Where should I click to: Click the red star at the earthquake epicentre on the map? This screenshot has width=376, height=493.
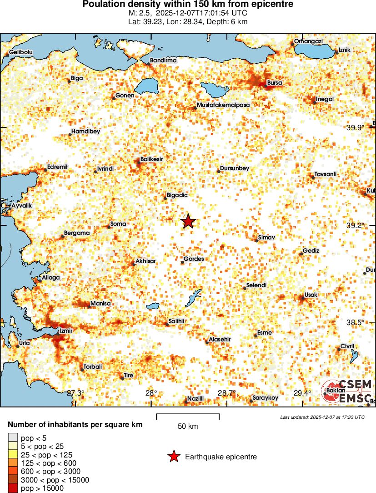click(x=188, y=221)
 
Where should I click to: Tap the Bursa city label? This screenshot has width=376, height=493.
click(x=275, y=83)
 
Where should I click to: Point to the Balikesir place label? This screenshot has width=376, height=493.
click(x=152, y=159)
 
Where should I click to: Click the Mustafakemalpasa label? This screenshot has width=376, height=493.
click(x=223, y=105)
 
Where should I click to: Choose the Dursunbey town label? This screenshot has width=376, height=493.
click(x=235, y=168)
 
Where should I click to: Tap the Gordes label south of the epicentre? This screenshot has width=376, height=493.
click(x=194, y=259)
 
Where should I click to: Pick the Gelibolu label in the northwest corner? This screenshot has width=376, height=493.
click(x=21, y=52)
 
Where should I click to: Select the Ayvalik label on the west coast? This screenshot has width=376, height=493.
click(x=22, y=206)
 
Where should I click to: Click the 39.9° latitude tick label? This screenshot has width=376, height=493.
click(x=355, y=127)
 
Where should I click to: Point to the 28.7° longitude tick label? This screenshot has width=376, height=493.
click(x=226, y=393)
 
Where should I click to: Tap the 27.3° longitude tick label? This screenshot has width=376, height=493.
click(x=76, y=393)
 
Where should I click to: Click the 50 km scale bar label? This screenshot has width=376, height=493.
click(x=187, y=427)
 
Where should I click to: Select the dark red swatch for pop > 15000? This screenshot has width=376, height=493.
click(x=13, y=488)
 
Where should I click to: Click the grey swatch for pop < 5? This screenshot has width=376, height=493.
click(x=13, y=438)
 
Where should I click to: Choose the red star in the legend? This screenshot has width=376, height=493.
click(x=173, y=457)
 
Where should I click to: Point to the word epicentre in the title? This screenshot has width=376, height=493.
click(x=272, y=4)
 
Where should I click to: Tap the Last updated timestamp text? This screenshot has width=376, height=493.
click(x=322, y=417)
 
